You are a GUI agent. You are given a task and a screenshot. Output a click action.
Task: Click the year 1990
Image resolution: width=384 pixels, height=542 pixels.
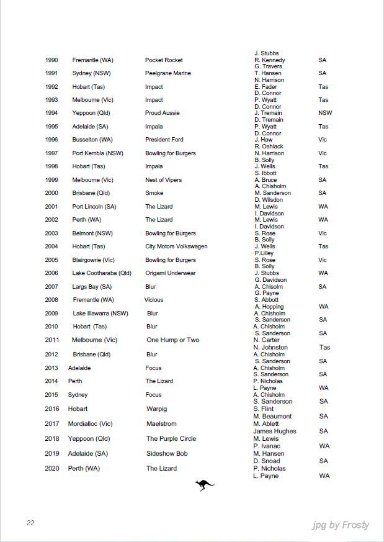(x=51, y=60)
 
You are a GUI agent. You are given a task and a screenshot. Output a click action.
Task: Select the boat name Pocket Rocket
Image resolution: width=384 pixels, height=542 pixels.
(x=164, y=60)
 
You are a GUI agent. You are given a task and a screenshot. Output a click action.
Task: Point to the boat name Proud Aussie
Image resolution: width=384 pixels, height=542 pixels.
(x=163, y=113)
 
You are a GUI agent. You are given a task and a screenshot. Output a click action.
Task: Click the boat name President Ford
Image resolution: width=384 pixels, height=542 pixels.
(x=164, y=140)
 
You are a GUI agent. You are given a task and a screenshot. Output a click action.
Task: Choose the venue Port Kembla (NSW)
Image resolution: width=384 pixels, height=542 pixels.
(x=99, y=153)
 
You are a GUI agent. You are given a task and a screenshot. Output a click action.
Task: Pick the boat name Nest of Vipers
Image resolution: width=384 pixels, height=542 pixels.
(x=164, y=180)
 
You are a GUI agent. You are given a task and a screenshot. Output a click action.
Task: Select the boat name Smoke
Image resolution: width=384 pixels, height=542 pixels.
(x=154, y=193)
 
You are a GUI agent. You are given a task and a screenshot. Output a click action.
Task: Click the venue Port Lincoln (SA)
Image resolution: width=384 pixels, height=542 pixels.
(x=94, y=207)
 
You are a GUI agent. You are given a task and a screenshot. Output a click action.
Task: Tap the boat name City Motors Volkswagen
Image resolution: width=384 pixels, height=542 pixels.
(x=176, y=246)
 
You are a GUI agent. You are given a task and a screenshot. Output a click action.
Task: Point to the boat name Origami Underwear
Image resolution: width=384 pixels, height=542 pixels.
(x=171, y=273)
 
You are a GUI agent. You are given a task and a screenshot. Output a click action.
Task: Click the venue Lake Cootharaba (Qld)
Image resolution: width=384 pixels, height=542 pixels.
(x=102, y=273)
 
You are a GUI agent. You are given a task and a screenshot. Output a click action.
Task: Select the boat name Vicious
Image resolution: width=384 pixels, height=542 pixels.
(x=154, y=300)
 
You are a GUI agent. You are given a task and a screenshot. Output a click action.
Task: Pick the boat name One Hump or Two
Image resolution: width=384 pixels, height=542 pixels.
(x=173, y=340)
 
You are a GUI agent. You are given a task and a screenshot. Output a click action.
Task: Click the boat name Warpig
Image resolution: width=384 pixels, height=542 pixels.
(x=157, y=409)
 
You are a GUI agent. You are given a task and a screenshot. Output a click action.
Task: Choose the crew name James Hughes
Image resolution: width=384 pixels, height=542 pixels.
(x=275, y=431)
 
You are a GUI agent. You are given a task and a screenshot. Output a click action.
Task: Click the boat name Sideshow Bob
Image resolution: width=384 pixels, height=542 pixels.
(x=167, y=454)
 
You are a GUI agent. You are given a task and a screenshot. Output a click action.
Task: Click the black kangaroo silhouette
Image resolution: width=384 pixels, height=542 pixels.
(x=204, y=485)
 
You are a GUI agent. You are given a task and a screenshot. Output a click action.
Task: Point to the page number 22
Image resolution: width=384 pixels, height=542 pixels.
(x=30, y=523)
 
